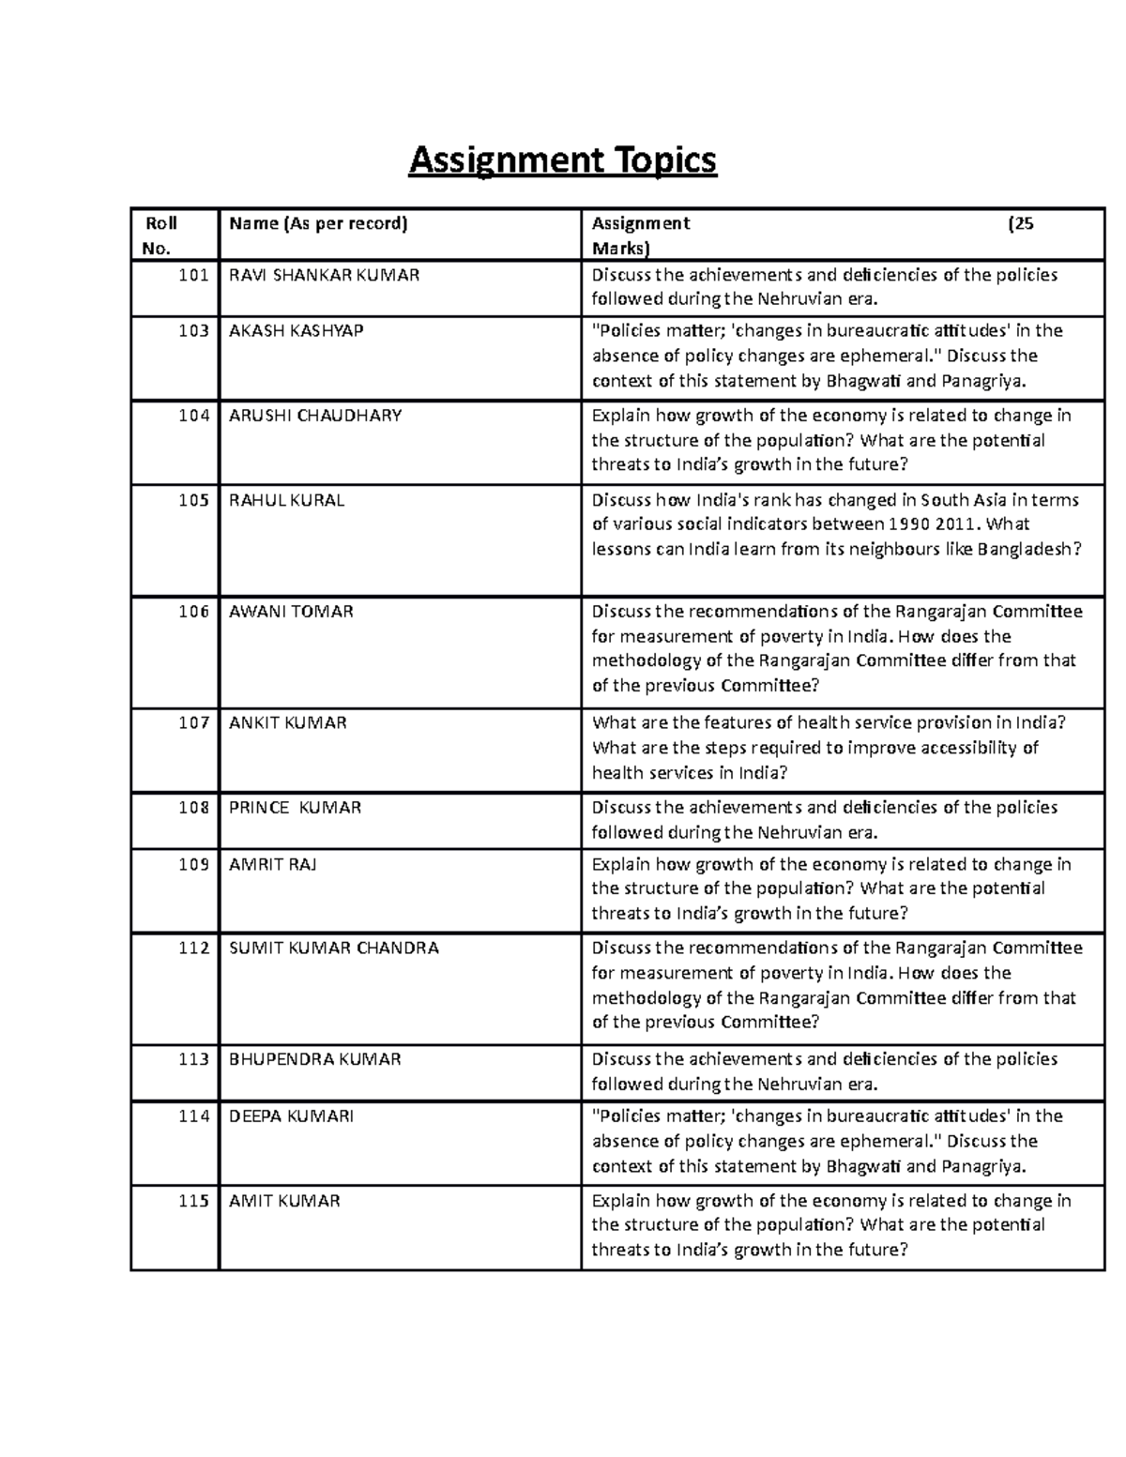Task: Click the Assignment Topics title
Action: point(562,160)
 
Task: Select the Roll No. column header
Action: point(159,235)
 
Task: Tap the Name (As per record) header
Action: point(318,223)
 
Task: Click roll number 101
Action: point(193,275)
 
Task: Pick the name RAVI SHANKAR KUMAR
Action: point(324,275)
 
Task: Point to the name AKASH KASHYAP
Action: point(296,330)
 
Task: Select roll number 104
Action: point(193,416)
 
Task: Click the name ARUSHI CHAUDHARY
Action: point(315,416)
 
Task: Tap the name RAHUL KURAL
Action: point(286,500)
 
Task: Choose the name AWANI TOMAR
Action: point(291,612)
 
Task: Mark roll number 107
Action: point(193,723)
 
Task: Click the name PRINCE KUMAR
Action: point(295,808)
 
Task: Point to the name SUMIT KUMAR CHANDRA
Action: point(333,948)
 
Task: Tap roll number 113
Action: point(193,1059)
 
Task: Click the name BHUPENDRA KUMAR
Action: point(314,1059)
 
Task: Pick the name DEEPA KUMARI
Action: point(291,1116)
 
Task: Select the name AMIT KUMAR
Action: point(284,1201)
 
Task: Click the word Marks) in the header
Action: point(619,249)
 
